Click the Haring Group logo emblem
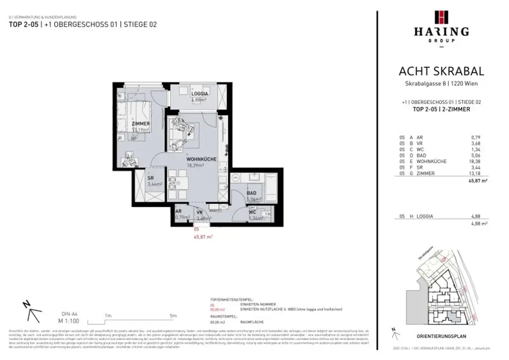pos(441,17)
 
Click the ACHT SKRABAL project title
pos(441,72)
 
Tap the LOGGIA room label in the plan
pos(199,93)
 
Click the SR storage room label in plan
pos(150,178)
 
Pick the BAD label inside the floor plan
pos(252,193)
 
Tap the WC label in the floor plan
pos(253,212)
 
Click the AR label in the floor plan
pos(178,211)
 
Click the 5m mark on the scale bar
pos(173,315)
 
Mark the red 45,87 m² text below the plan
pos(203,237)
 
